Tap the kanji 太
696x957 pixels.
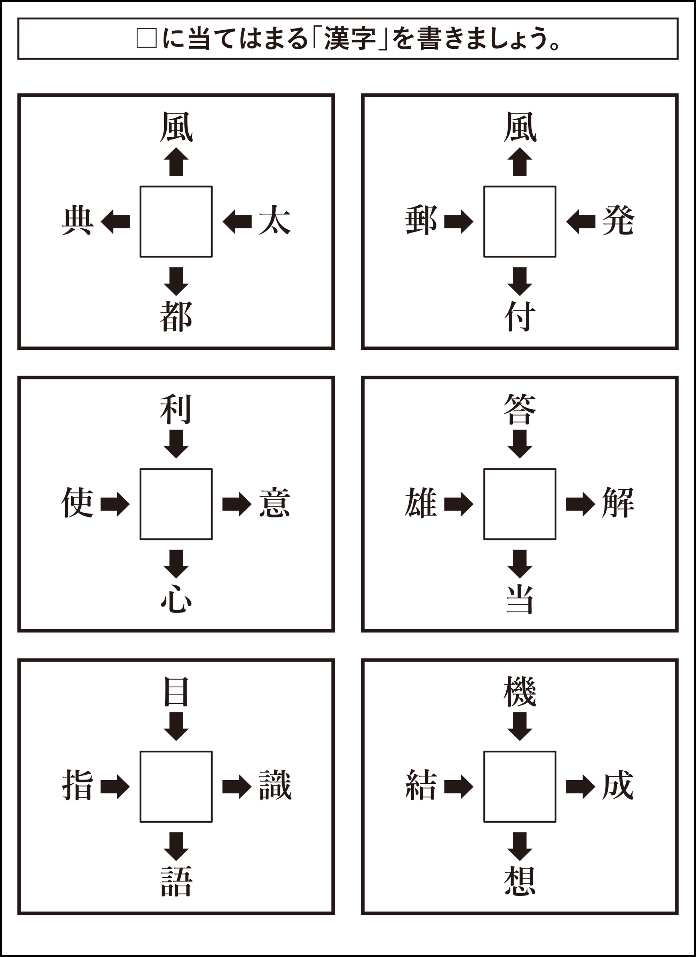pos(274,220)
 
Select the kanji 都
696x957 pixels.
pos(176,316)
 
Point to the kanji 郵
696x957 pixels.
pos(421,220)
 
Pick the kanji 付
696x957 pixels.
pos(520,316)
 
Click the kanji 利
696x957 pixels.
pos(176,409)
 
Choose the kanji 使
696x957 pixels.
pos(77,503)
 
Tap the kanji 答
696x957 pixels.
pos(520,409)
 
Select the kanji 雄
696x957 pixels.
pos(421,503)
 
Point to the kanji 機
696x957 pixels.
pos(520,691)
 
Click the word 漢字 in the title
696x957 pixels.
pos(350,39)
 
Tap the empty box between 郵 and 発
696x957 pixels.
pos(520,222)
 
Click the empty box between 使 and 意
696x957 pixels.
pos(176,504)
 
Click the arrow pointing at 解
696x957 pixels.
pos(580,504)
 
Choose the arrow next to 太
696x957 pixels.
pos(237,222)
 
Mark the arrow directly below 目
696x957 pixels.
pos(176,727)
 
